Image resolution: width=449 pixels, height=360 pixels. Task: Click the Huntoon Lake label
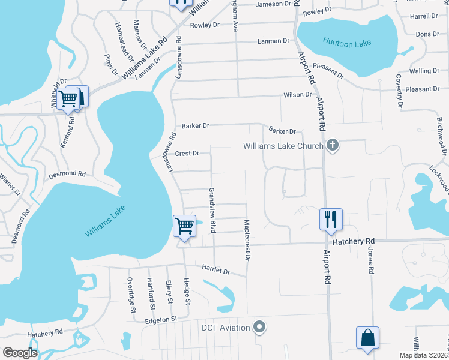pyautogui.click(x=347, y=42)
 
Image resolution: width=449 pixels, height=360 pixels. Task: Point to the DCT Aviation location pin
pyautogui.click(x=259, y=327)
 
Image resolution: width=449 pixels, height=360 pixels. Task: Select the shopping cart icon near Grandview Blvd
pyautogui.click(x=184, y=226)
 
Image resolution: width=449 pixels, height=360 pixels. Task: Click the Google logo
pyautogui.click(x=20, y=353)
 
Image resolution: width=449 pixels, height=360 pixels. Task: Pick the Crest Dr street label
pyautogui.click(x=187, y=154)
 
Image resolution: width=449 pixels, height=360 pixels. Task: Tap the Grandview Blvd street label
pyautogui.click(x=211, y=209)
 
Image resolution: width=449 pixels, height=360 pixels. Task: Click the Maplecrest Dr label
pyautogui.click(x=246, y=240)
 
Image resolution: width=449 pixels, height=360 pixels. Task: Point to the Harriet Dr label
pyautogui.click(x=216, y=271)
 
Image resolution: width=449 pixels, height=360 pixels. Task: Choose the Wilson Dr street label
pyautogui.click(x=298, y=95)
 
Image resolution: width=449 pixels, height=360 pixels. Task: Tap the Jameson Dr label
pyautogui.click(x=277, y=4)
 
